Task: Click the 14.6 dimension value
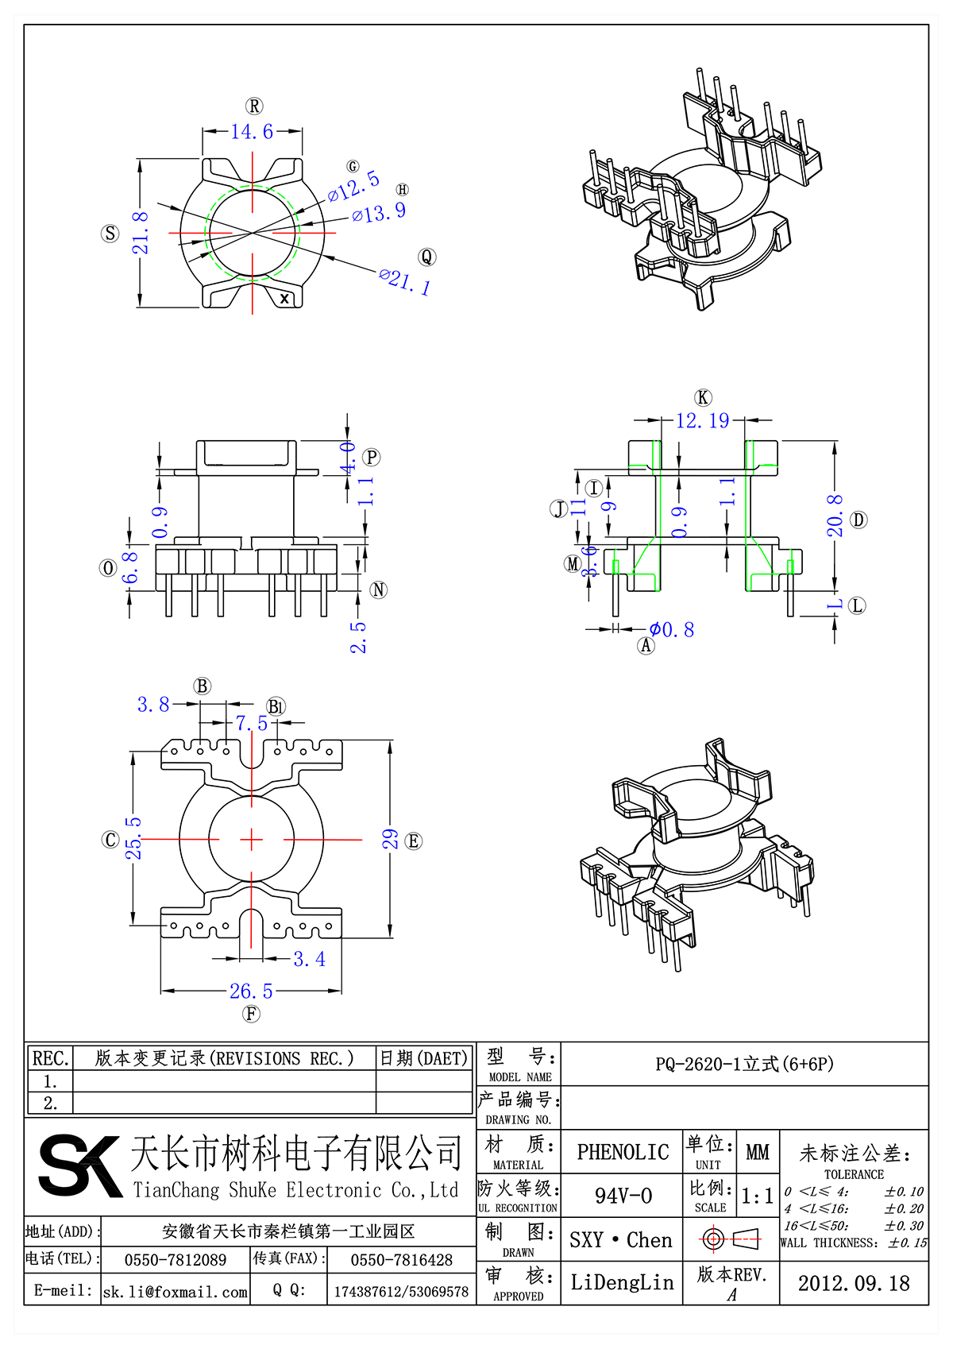[x=252, y=131]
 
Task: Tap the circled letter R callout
[x=254, y=106]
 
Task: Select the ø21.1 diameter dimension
[x=404, y=281]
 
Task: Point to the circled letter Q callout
[x=427, y=257]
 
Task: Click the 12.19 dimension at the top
[x=702, y=420]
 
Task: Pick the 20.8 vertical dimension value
[x=834, y=516]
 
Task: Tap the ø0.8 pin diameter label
[x=672, y=630]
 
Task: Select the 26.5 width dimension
[x=251, y=991]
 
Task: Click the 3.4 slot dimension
[x=309, y=959]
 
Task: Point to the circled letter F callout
[x=251, y=1014]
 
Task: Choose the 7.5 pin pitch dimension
[x=252, y=723]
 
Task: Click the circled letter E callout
[x=414, y=841]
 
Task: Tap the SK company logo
[x=79, y=1165]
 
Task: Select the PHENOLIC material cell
[x=623, y=1152]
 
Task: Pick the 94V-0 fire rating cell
[x=623, y=1196]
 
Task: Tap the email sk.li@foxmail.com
[x=176, y=1292]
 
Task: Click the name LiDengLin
[x=622, y=1282]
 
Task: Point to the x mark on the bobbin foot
[x=285, y=299]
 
